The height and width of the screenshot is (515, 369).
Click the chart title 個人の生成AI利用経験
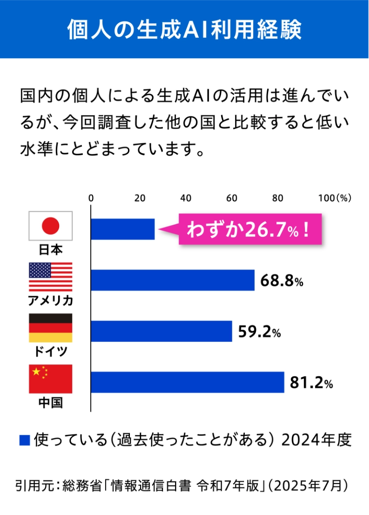pos(184,30)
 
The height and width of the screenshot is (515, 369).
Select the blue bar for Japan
pos(123,229)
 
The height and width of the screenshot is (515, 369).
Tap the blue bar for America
pos(173,281)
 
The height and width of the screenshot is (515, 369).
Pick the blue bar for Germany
pos(161,332)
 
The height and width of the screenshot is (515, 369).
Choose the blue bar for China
pos(187,382)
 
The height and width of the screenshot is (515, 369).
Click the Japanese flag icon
pos(51,226)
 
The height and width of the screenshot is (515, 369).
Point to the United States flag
pos(51,277)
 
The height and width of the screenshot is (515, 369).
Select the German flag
pos(51,328)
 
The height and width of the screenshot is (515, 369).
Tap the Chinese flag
pos(51,379)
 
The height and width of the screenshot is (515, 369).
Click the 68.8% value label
pos(281,281)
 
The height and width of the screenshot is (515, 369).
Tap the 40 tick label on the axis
pos(186,198)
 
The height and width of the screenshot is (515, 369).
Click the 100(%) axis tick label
pos(334,198)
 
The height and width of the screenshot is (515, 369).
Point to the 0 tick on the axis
pos(91,198)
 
